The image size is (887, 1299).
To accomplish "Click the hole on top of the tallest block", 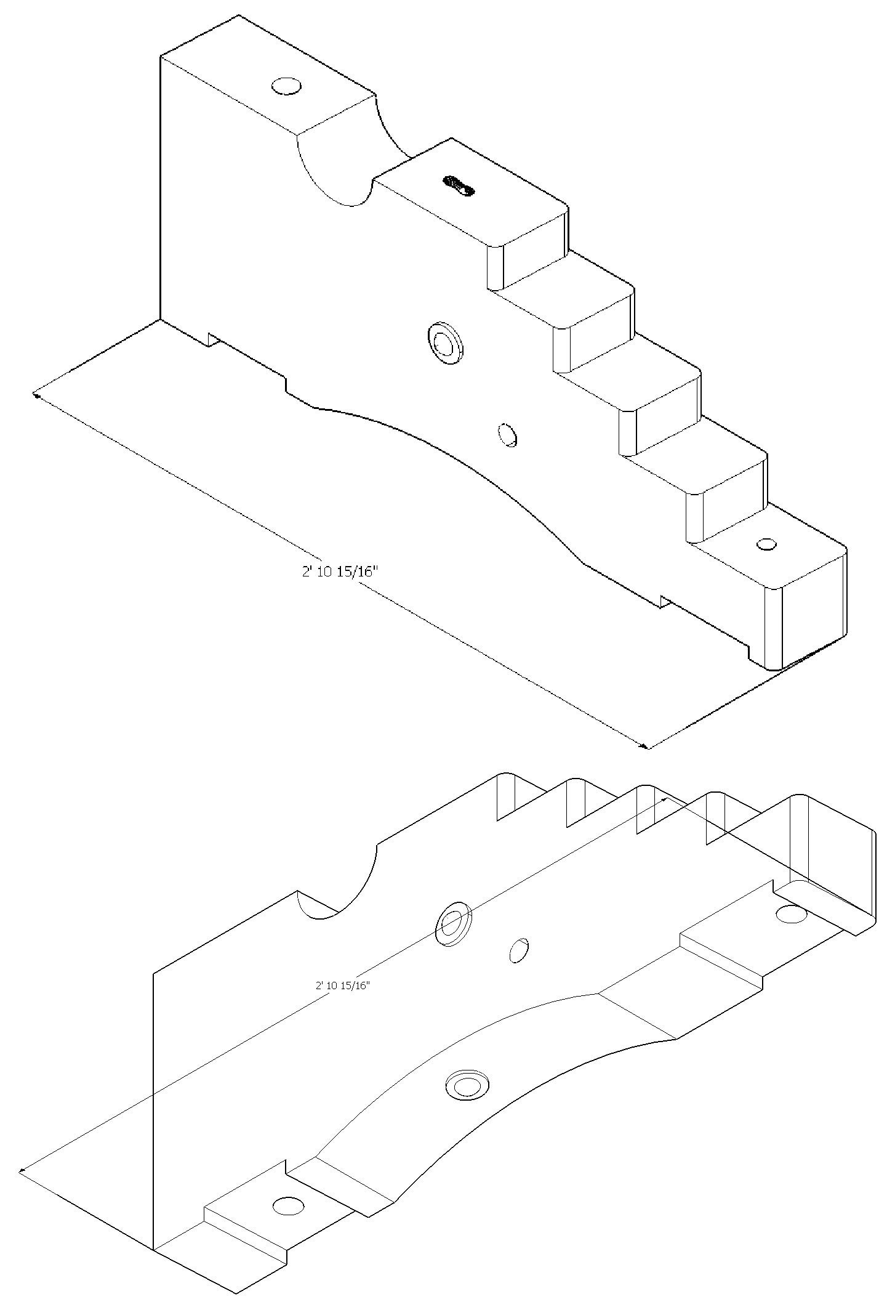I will (287, 86).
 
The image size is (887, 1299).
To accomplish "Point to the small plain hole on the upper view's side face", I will (508, 435).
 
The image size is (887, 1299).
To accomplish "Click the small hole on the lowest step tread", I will (766, 544).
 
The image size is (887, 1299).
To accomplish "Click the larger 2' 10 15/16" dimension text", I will (339, 572).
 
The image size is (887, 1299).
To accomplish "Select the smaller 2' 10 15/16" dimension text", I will (342, 985).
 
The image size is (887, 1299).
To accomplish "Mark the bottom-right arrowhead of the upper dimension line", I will (645, 747).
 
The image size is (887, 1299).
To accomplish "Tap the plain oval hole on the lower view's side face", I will (519, 950).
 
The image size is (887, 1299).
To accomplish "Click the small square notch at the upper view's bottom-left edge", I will (212, 339).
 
